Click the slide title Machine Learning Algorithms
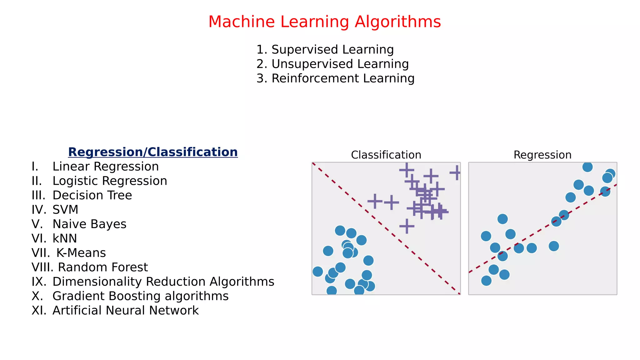click(324, 22)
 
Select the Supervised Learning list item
click(325, 49)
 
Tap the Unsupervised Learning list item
click(332, 64)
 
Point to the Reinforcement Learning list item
click(335, 78)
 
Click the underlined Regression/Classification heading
click(153, 152)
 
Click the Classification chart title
click(386, 155)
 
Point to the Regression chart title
click(542, 155)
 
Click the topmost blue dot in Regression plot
click(587, 167)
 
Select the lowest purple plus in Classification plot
click(407, 226)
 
